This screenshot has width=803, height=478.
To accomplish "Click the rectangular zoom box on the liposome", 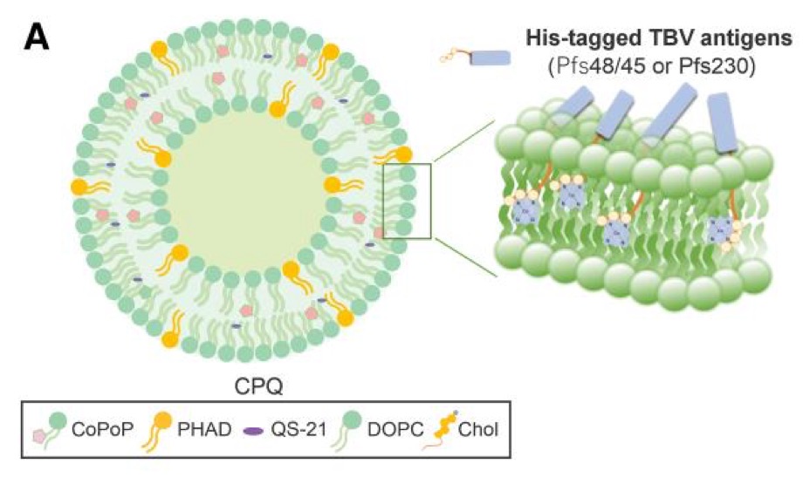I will coord(408,201).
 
